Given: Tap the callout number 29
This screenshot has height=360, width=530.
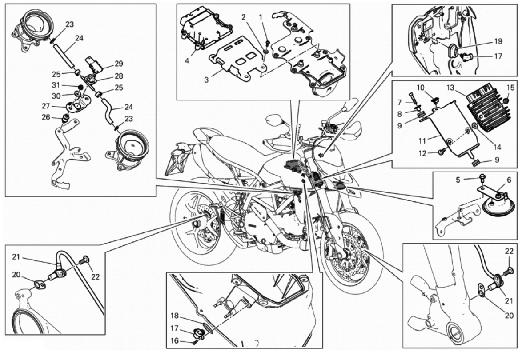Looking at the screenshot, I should coord(106,63).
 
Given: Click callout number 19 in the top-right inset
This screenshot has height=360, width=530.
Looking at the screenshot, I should coord(498,41).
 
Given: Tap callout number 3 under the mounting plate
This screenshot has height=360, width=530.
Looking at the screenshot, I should coord(207,80).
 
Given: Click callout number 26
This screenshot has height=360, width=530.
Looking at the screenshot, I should coord(57,117).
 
